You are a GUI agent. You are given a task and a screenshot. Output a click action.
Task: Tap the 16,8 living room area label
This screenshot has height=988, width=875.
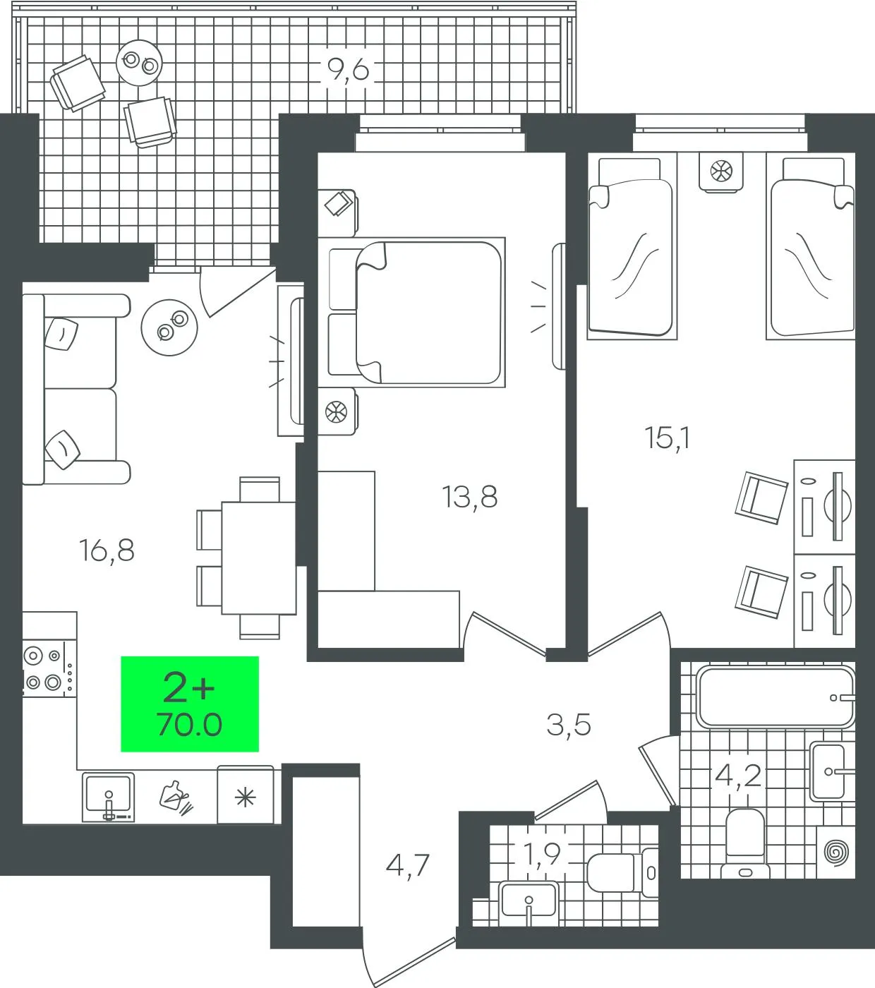point(107,551)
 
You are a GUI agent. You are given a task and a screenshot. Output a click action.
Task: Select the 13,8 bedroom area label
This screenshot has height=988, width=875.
point(470,498)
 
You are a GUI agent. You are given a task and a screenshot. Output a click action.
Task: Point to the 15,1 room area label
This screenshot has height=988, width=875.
point(668,438)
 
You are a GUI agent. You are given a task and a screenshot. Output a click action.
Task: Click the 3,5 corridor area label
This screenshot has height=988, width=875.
point(569,725)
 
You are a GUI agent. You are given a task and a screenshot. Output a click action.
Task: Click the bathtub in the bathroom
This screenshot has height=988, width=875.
point(775,697)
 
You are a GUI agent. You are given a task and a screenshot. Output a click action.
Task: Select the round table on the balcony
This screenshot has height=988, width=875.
point(139,63)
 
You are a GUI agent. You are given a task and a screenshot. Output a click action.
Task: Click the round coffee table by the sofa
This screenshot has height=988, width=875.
point(169,327)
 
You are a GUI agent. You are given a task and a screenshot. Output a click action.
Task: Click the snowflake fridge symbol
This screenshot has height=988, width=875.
point(245,798)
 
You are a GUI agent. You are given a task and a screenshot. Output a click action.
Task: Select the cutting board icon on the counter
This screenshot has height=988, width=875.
point(176,798)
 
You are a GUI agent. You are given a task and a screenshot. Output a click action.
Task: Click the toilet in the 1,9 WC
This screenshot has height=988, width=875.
point(622,872)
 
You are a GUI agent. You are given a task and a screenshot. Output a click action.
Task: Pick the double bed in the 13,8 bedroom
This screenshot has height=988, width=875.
point(416,313)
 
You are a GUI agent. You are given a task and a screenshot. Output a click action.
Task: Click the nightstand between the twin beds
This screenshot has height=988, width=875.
point(721,171)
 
